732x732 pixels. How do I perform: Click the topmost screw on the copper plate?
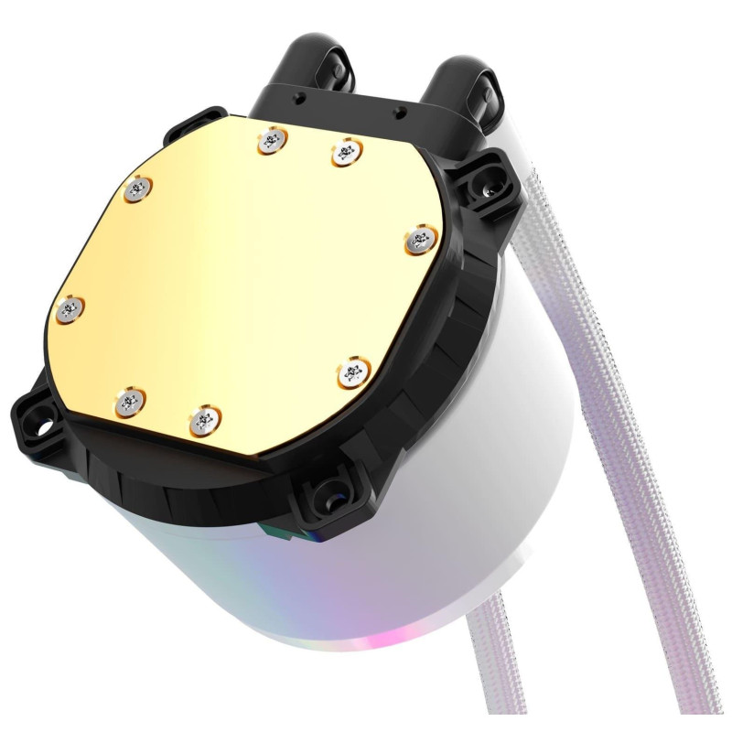coord(269,139)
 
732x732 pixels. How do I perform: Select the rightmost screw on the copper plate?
coord(419,240)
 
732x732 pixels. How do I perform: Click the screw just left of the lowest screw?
coord(130,400)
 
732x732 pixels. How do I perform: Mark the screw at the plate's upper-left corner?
coord(137,188)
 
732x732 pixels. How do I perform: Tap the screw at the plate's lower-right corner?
coord(350,372)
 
